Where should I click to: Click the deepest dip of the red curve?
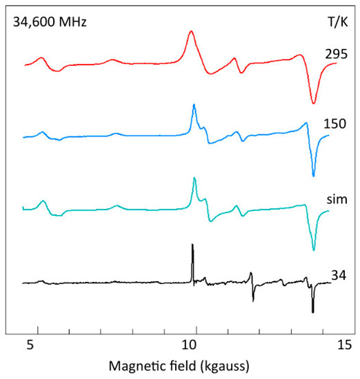[314, 103]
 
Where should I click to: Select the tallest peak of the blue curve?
[194, 104]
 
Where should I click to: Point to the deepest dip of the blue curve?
[314, 176]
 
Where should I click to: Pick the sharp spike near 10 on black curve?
[192, 245]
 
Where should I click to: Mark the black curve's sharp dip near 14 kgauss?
[312, 312]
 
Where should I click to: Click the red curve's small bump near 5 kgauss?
[41, 58]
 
